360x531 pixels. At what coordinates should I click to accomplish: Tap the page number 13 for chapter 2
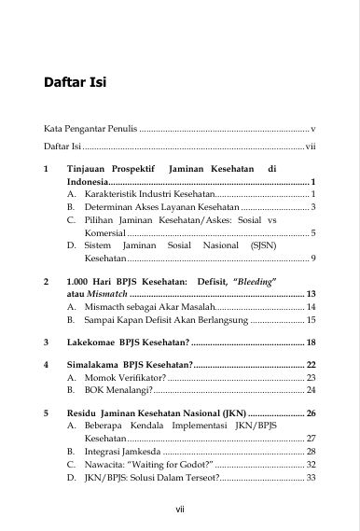[x=312, y=293]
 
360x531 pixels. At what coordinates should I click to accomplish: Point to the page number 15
[x=312, y=319]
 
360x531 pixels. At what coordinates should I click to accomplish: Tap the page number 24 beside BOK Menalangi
[x=312, y=390]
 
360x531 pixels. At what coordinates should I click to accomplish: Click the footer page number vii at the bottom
[x=180, y=509]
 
